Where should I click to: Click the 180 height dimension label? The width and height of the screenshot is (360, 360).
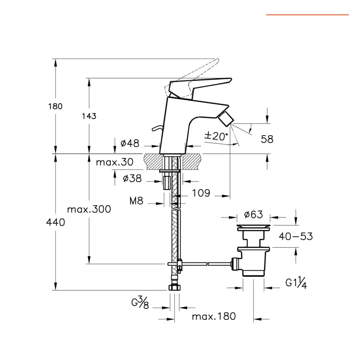pos(55,106)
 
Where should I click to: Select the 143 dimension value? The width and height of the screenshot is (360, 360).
pos(89,116)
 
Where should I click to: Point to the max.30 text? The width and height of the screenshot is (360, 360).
pos(114,162)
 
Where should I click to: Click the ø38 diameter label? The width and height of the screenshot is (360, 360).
pos(132,178)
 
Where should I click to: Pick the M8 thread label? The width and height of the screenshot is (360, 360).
pos(136,201)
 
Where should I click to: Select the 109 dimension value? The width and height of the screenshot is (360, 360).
pos(201,193)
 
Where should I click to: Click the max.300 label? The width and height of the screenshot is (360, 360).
pos(89,209)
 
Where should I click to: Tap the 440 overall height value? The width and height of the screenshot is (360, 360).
pos(55,223)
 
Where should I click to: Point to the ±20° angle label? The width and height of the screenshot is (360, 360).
pos(216,136)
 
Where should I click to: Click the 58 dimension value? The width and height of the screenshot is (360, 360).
pos(267,139)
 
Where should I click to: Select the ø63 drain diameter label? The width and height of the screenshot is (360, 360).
pos(254,215)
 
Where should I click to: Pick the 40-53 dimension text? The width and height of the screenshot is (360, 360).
pos(296,236)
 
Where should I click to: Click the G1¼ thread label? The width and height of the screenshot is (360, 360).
pos(296,283)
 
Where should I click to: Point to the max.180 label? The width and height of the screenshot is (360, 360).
pos(214,316)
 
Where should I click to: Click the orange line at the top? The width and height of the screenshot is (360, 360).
pos(307,15)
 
